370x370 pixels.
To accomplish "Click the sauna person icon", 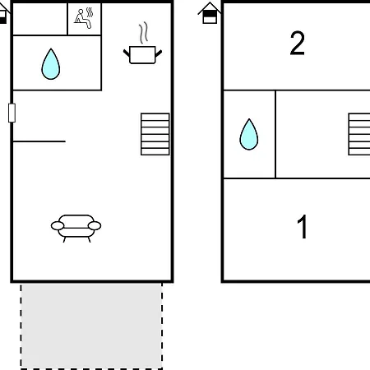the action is (84, 18).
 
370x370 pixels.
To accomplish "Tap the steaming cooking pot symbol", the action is (142, 44).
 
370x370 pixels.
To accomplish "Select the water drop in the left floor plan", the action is (51, 64).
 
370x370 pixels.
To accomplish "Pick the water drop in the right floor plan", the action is (249, 134).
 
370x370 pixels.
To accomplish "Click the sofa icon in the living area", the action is (76, 229).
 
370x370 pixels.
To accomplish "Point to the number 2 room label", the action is (297, 43).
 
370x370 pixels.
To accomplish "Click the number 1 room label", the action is (303, 226).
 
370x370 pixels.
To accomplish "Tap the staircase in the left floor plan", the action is (155, 134).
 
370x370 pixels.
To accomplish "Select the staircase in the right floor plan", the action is (359, 134).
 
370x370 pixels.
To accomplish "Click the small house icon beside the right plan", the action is (210, 13).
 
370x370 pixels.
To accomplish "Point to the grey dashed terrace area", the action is (91, 326).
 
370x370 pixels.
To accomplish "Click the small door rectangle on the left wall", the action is (12, 113).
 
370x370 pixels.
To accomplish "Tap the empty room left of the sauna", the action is (40, 19).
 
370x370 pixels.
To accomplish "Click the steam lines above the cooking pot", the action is (143, 33).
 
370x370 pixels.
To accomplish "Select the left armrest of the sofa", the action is (58, 226).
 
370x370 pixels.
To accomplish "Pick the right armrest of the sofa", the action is (95, 226).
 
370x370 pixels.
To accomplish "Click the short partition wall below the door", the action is (39, 141).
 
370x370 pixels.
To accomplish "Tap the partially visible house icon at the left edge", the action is (4, 13).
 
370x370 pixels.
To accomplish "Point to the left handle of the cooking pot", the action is (127, 53).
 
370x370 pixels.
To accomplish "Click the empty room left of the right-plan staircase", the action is (312, 134).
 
